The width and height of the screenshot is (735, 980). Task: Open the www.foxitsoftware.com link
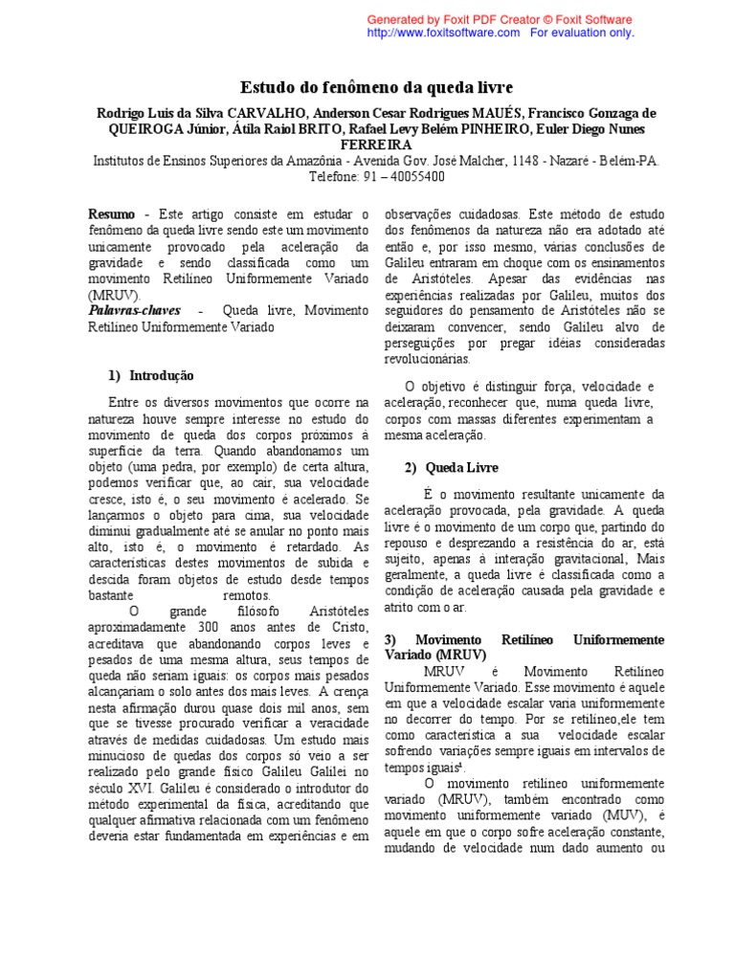click(x=443, y=33)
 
